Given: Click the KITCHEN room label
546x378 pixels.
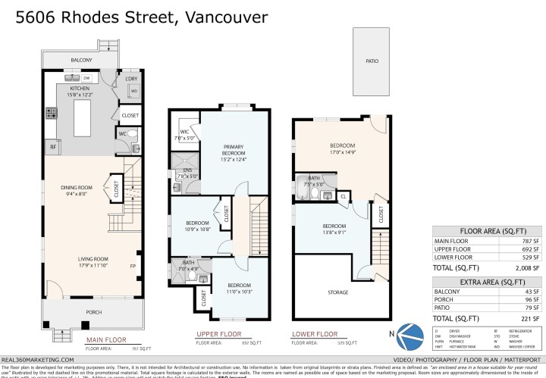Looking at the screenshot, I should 80,89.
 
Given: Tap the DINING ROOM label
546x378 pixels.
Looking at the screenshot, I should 77,188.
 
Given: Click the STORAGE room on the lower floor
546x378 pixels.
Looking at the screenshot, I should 338,292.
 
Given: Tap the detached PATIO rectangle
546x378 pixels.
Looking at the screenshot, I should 372,61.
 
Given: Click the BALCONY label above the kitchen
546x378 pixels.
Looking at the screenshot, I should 81,60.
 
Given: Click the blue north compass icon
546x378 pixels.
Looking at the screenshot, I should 411,334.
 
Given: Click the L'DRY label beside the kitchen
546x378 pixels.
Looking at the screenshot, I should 131,79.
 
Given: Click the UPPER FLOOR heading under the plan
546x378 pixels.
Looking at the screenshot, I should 218,333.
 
